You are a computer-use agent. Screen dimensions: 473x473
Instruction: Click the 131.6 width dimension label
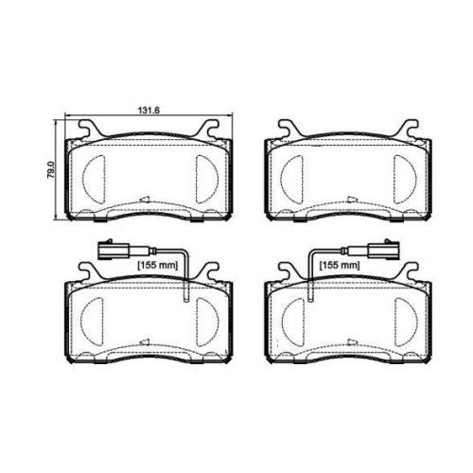pyautogui.click(x=149, y=111)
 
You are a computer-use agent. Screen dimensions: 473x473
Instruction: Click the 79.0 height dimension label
pyautogui.click(x=50, y=169)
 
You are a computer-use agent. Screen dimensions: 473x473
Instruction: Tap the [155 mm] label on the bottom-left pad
pyautogui.click(x=158, y=265)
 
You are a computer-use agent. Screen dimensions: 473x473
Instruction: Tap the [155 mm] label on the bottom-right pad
pyautogui.click(x=340, y=265)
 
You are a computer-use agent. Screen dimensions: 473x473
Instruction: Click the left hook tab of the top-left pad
pyautogui.click(x=87, y=129)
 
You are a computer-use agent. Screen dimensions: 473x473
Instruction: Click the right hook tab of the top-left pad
pyautogui.click(x=208, y=129)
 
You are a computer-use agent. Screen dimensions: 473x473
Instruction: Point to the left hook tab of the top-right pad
pyautogui.click(x=289, y=129)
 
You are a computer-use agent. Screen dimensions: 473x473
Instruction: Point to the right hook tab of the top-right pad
pyautogui.click(x=409, y=129)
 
